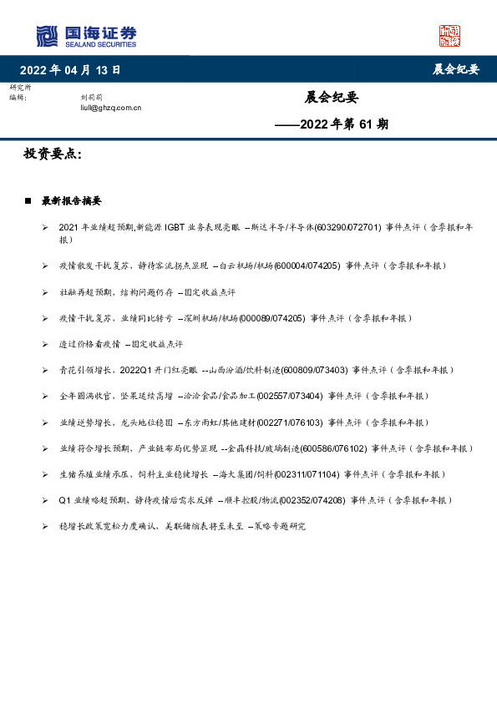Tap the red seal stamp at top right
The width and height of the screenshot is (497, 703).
[450, 36]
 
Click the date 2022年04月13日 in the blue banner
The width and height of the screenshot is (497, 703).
[71, 70]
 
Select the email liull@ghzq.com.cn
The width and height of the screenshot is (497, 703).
[105, 108]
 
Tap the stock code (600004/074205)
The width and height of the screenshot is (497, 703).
[307, 266]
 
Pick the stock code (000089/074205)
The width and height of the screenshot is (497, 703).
[272, 318]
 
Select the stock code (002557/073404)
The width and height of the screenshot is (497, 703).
[290, 396]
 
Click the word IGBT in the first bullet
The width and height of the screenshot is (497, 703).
[175, 226]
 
